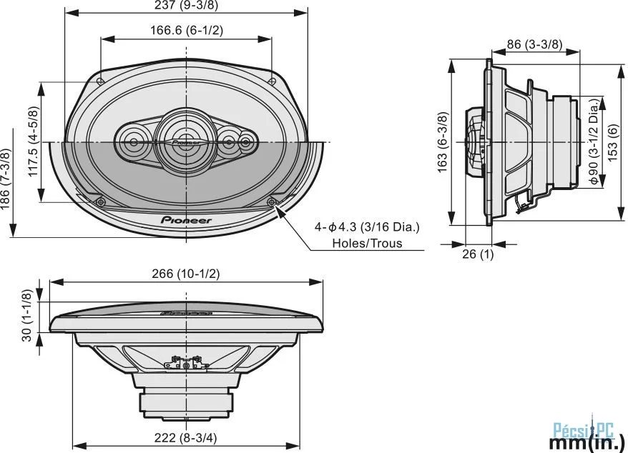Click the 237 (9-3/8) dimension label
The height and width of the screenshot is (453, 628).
pos(186,5)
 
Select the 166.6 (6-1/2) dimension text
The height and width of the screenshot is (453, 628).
pos(187,30)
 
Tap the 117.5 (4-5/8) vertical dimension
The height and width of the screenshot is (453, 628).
pos(34,141)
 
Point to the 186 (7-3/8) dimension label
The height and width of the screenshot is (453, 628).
pos(5,179)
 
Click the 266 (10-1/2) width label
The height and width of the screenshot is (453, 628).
pos(186,274)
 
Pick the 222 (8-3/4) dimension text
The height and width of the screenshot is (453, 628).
pos(186,438)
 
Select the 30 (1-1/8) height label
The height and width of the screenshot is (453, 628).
pos(26,315)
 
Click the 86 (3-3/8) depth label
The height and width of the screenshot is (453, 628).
pos(535,44)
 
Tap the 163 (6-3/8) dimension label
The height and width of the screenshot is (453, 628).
pos(442,142)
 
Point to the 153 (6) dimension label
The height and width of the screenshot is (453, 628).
pos(613,143)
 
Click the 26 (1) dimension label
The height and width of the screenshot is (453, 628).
pos(478,254)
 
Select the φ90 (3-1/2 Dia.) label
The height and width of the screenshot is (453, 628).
pos(594,141)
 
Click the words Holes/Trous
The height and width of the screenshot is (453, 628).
pos(367,243)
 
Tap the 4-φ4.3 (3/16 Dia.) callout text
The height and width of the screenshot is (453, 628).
pos(367,227)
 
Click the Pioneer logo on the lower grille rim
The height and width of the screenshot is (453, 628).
pos(186,220)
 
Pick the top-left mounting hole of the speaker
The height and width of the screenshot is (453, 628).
pos(100,81)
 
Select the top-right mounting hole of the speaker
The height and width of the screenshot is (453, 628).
pos(272,81)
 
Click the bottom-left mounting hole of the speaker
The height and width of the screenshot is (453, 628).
pos(101,201)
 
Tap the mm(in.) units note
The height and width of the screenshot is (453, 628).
pos(587,444)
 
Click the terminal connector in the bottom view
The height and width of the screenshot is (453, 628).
pos(186,363)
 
